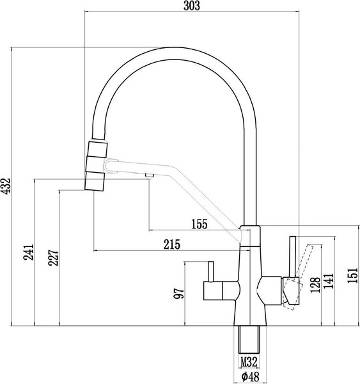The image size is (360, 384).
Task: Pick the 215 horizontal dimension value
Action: coord(170,244)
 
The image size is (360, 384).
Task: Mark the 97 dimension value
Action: coord(179,294)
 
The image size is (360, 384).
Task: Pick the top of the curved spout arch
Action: coord(173,48)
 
